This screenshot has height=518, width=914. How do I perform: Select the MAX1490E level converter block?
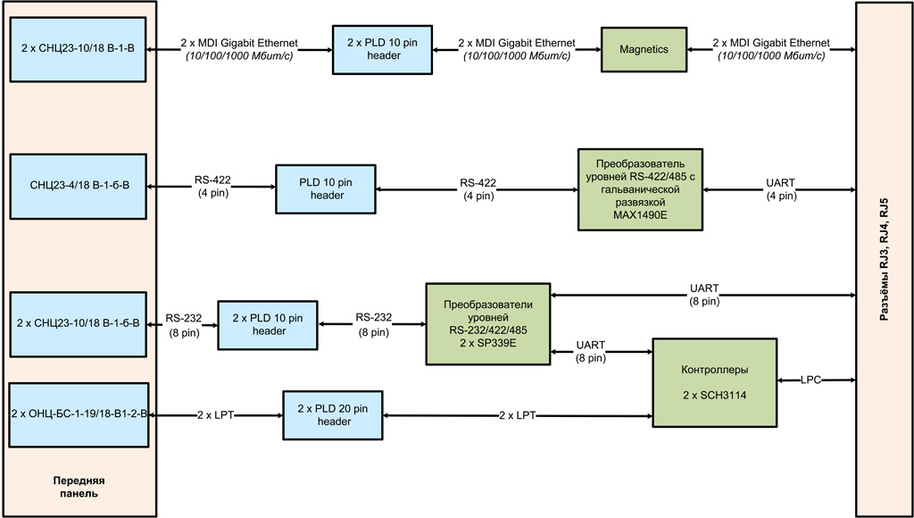tap(639, 189)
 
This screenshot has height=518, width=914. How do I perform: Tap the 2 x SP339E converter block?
tap(487, 324)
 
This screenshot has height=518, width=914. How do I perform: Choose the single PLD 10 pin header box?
tap(326, 188)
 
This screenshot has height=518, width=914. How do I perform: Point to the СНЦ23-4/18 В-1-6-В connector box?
tap(77, 186)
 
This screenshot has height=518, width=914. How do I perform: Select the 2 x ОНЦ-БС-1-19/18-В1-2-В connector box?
tap(77, 414)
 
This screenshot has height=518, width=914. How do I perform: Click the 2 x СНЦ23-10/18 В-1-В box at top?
tap(77, 50)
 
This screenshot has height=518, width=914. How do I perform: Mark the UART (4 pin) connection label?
tap(780, 189)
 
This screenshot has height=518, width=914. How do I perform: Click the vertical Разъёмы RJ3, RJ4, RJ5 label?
tap(885, 259)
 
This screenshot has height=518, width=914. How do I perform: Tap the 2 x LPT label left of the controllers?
tap(518, 414)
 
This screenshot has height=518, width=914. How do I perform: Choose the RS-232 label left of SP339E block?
tap(373, 324)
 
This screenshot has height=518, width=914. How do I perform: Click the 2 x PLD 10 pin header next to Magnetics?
tap(382, 50)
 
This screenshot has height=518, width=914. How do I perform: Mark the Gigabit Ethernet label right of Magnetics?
tap(771, 50)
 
